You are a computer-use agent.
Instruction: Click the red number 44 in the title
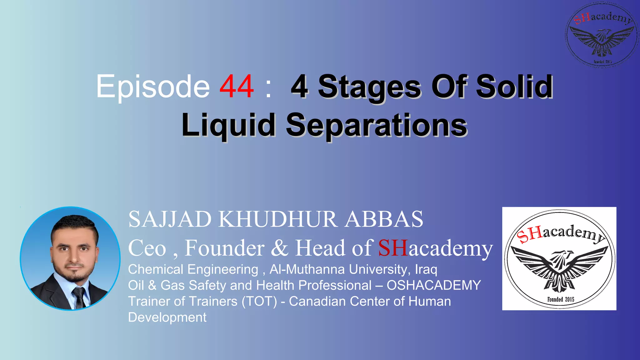[237, 87]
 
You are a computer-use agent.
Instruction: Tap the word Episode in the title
[153, 87]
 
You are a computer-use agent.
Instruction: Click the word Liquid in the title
[228, 125]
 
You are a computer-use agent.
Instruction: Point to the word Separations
[377, 125]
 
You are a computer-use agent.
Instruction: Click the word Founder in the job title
[224, 248]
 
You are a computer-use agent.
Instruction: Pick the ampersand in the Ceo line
[280, 248]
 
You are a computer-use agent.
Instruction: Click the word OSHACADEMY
[434, 285]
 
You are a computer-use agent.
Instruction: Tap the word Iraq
[426, 269]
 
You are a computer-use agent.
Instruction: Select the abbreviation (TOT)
[259, 302]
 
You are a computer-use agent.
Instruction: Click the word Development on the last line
[167, 317]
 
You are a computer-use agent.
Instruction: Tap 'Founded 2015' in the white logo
[561, 299]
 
